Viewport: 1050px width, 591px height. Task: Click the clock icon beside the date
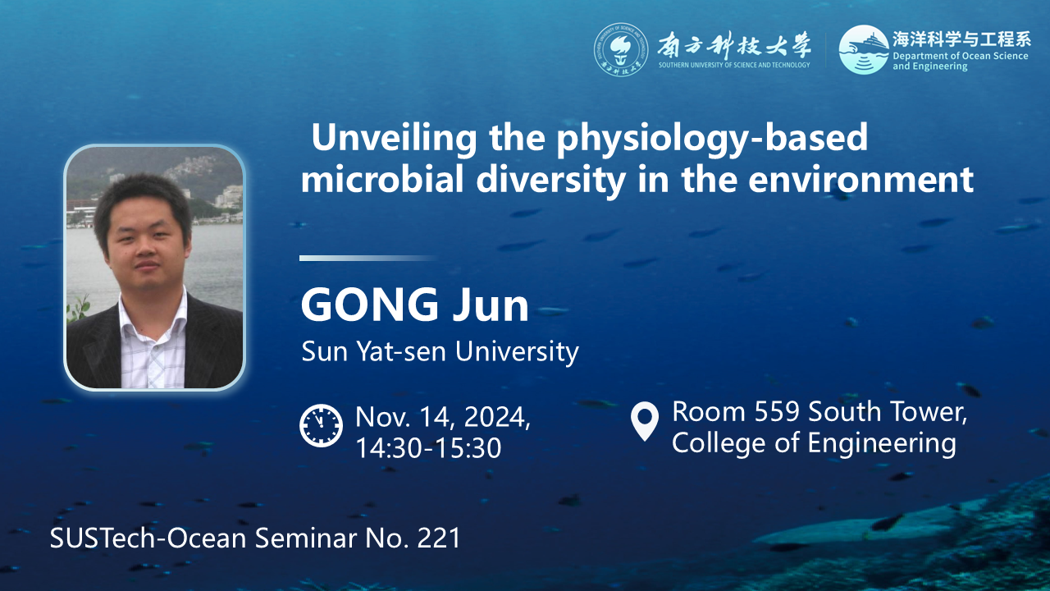(x=321, y=425)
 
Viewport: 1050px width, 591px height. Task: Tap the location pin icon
(x=645, y=421)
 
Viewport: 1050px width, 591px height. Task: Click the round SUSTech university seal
(x=621, y=49)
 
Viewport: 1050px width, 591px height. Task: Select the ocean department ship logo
(x=864, y=49)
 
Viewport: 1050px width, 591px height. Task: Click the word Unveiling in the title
(x=394, y=138)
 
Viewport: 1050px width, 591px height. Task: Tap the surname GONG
(x=370, y=305)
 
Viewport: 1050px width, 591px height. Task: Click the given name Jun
(x=491, y=305)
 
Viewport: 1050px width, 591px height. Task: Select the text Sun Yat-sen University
(x=441, y=351)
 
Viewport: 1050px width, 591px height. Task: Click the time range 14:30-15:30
(x=428, y=448)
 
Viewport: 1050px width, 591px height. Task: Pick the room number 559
(x=777, y=411)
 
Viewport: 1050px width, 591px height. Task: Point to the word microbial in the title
(x=382, y=179)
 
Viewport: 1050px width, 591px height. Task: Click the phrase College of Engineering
(x=815, y=443)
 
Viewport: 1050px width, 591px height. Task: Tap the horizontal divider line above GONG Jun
(x=368, y=259)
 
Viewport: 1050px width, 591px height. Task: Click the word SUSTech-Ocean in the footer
(x=148, y=538)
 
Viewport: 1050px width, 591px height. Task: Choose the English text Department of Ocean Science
(x=961, y=56)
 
